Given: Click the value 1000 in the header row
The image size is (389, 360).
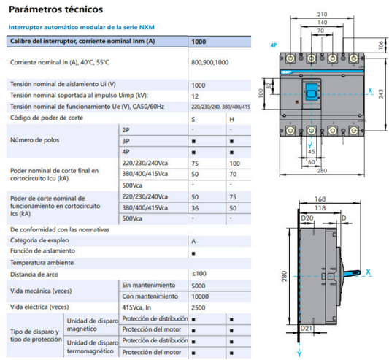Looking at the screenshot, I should [198, 42].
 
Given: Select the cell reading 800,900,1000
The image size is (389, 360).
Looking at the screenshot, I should [209, 62].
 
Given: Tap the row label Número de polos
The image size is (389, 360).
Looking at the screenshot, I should [35, 139].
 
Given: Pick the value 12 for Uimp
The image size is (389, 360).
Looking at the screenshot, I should [195, 96].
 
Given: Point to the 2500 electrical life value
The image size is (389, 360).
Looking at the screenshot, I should [199, 307].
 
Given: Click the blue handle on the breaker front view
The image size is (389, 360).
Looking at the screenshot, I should [312, 92].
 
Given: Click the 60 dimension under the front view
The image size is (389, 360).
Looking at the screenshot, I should [311, 161].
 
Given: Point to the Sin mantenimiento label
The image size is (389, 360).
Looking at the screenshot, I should [148, 284].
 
